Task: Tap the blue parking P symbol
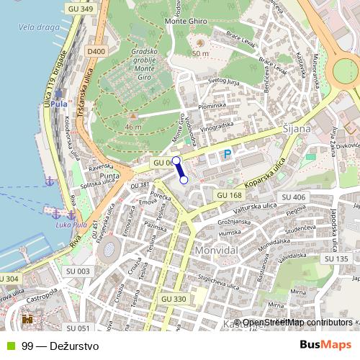tap(228, 154)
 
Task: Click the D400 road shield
tap(95, 52)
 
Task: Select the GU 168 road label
tap(229, 196)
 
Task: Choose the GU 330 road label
tap(174, 299)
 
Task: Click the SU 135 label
tap(336, 258)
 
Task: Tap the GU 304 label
tap(9, 278)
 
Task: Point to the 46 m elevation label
tap(132, 127)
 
